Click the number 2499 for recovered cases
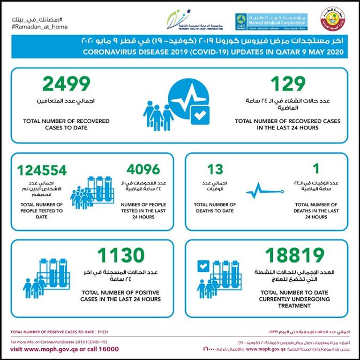coord(66,84)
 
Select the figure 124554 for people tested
coord(42,170)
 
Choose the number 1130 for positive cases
coord(120,256)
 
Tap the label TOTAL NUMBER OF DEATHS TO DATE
coord(215,208)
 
